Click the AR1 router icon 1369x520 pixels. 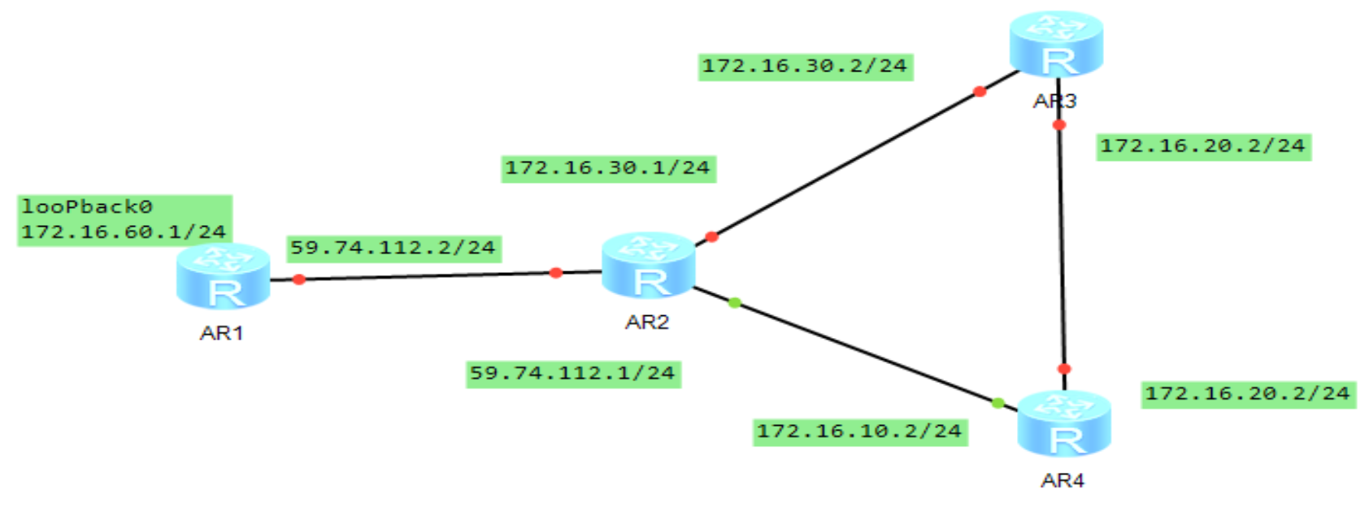click(x=223, y=276)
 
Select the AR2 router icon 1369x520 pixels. click(x=648, y=266)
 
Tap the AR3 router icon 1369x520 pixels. click(x=1056, y=44)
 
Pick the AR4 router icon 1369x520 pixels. click(x=1064, y=423)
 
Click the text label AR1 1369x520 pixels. click(x=221, y=333)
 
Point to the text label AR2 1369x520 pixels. click(x=647, y=323)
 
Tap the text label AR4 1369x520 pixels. click(x=1063, y=480)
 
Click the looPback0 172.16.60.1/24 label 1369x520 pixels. click(x=125, y=219)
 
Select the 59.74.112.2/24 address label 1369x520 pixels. click(x=393, y=248)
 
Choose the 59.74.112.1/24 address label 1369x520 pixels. click(x=573, y=374)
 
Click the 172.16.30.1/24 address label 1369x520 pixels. click(x=608, y=168)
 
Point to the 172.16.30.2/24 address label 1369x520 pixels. click(x=805, y=66)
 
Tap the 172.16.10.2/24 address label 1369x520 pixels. click(x=860, y=431)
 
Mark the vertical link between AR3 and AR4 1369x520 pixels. click(x=1062, y=244)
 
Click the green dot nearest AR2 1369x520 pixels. click(x=735, y=303)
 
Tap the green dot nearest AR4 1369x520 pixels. click(x=998, y=403)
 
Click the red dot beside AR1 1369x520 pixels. click(x=299, y=279)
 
